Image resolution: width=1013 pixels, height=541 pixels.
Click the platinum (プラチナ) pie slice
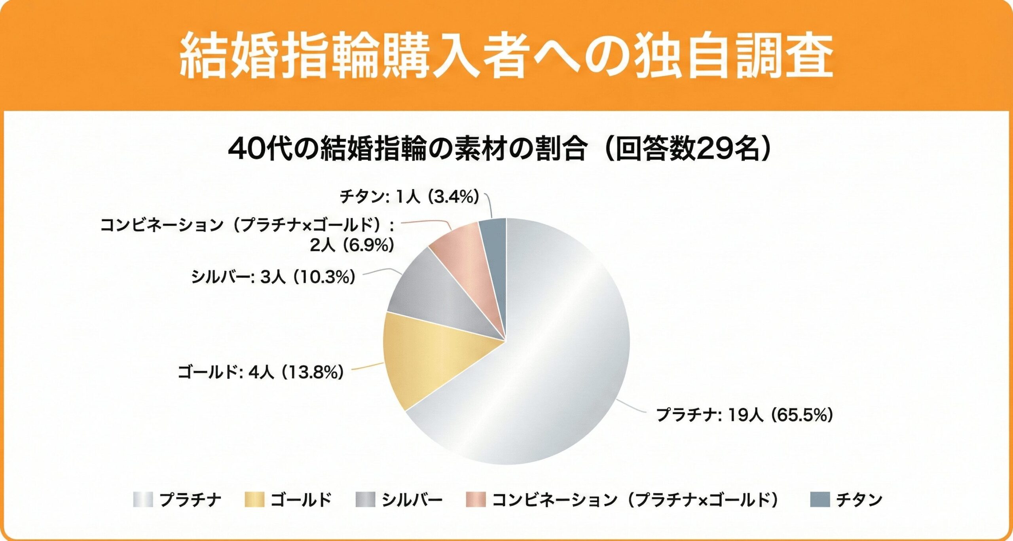pos(554,356)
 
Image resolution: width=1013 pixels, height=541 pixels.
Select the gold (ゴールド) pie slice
pos(427,356)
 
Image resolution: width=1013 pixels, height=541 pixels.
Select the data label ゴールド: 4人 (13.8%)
pos(261,372)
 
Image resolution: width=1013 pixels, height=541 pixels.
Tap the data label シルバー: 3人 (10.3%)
pos(273,277)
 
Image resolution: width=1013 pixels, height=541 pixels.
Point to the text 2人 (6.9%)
pos(352,245)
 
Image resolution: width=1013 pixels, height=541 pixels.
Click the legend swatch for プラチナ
pos(143,499)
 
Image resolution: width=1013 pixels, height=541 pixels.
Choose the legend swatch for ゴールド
pos(254,499)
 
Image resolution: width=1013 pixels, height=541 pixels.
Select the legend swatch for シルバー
pos(365,499)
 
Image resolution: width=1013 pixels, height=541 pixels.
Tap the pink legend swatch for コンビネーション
pos(476,499)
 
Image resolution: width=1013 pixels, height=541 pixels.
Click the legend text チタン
pos(859,499)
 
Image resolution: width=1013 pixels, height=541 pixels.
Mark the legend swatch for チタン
pos(820,499)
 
